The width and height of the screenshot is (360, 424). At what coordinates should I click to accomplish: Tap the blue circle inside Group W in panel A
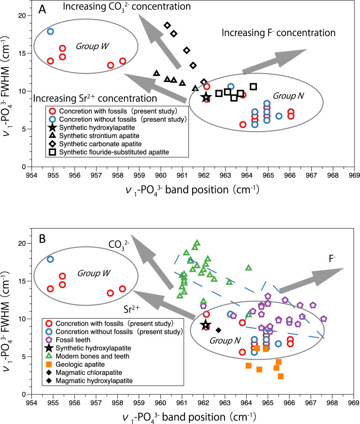(51, 31)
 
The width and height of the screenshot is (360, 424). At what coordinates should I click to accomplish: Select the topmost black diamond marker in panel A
(167, 25)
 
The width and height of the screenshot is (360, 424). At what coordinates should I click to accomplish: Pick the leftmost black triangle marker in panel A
(157, 73)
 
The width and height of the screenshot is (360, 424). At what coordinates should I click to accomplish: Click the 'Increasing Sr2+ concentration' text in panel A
(95, 98)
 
